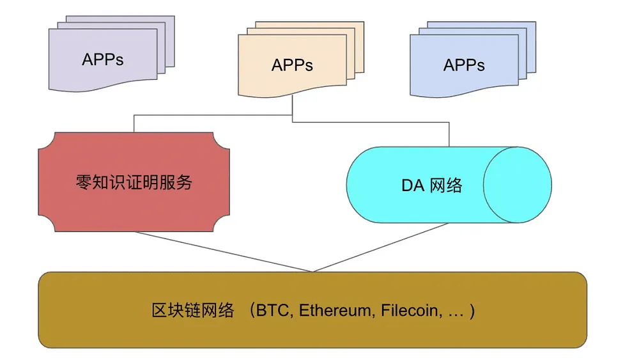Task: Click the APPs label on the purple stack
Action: tap(103, 59)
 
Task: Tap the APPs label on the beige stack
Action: tap(292, 65)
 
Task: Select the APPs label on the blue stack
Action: tap(464, 65)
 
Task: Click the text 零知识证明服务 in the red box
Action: tap(134, 182)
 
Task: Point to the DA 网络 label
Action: tap(432, 185)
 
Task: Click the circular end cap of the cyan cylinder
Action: tap(517, 185)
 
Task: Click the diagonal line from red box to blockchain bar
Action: tap(224, 251)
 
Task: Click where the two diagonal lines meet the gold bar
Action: tap(312, 272)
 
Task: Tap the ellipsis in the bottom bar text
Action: tap(456, 313)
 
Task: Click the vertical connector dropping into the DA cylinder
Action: tap(449, 134)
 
